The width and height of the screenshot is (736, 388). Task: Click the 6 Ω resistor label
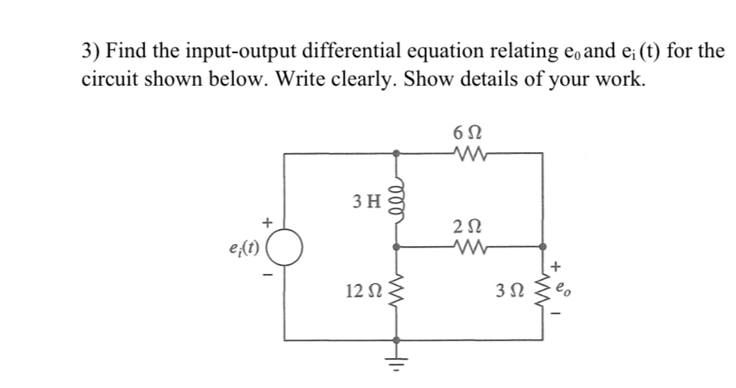(x=468, y=131)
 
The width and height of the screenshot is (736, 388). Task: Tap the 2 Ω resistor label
(x=468, y=224)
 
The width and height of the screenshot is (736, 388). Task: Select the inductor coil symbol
(x=396, y=199)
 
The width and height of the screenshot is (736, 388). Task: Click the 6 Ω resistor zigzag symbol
(x=468, y=153)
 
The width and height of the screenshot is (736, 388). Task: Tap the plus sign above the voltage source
(x=267, y=222)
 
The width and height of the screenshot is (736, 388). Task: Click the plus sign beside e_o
(x=556, y=268)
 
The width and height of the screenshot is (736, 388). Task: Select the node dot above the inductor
(x=396, y=153)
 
